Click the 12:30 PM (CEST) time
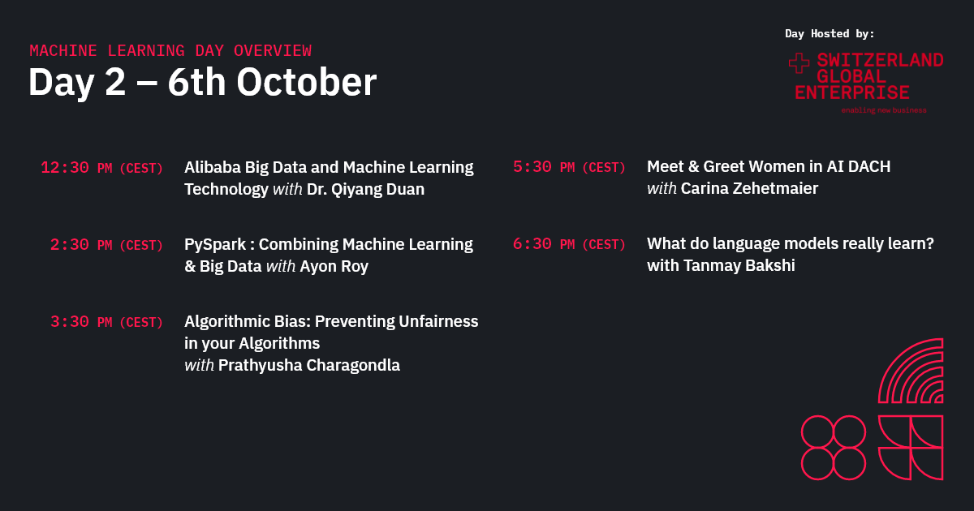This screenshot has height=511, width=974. coord(101,168)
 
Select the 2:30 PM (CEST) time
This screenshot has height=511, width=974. coord(106,245)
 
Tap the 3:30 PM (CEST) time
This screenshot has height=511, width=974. coord(106,322)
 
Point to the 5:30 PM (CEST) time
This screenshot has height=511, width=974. coord(569,168)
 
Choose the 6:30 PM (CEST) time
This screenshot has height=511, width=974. coord(569,245)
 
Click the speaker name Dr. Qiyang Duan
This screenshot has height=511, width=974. coord(365,190)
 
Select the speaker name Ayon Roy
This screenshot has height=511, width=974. coord(334,267)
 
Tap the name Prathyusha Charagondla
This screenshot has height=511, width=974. coord(309,366)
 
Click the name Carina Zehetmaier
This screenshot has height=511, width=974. coord(749,189)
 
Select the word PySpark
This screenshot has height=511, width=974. coord(215,245)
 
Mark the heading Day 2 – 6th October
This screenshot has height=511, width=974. coord(202,83)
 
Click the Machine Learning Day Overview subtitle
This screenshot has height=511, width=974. coord(170,51)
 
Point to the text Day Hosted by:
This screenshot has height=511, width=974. coord(830,34)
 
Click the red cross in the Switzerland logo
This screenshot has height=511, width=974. coord(799,65)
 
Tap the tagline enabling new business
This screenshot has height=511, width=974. coord(883,110)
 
